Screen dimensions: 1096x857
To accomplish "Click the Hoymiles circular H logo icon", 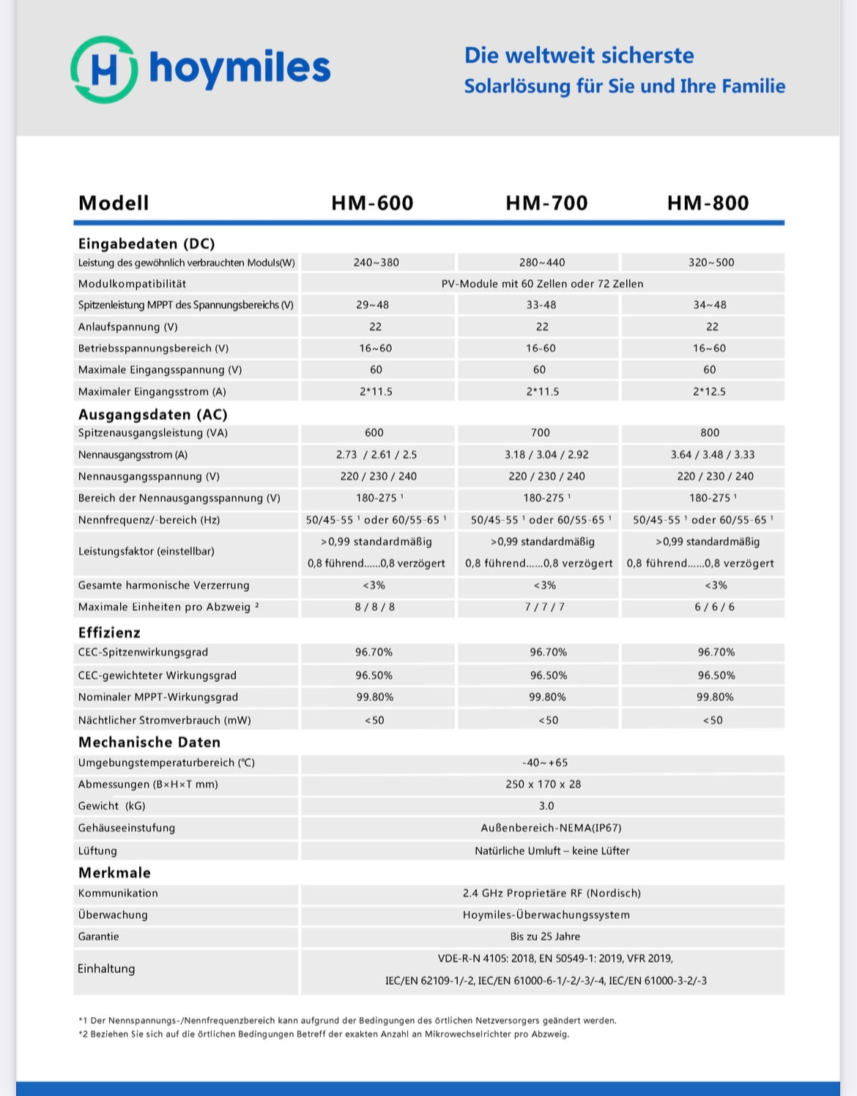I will point(104,70).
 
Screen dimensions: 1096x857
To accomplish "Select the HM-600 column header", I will point(372,203).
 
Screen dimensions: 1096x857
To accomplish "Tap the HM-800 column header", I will point(708,203).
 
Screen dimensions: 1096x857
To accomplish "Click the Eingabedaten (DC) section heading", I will point(146,243).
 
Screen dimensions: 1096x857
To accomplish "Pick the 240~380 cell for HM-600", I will point(376,262).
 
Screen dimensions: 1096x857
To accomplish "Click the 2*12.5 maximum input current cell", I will point(709,391).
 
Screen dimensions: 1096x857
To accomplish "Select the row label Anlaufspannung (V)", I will point(128,327).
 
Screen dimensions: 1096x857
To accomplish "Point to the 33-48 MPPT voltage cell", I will point(541,305).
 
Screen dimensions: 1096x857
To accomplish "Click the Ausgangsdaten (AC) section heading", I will point(153,415).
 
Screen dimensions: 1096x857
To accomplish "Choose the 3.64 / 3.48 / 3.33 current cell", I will point(713,454).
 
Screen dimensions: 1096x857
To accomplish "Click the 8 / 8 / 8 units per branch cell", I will point(375,607).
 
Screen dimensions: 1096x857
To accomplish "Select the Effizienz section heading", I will point(109,632).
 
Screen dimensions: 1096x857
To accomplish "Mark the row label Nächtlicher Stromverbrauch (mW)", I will point(165,720).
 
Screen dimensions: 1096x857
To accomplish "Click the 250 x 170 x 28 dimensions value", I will point(543,784).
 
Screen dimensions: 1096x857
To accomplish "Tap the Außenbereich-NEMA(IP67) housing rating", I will point(551,828).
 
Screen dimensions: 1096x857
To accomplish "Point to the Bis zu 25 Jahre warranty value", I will point(545,936).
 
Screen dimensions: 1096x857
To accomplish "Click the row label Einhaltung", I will point(106,969).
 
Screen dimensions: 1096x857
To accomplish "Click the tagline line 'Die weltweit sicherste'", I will point(579,56).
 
